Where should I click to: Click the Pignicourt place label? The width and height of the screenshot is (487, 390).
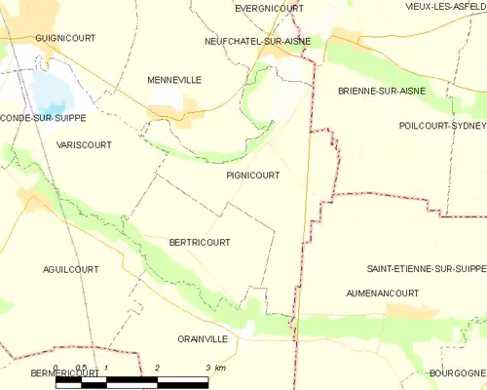[252, 176]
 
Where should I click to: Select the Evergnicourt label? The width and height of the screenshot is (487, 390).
[269, 7]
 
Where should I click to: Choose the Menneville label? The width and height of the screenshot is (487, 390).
[174, 80]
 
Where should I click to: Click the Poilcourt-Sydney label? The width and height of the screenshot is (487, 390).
[442, 126]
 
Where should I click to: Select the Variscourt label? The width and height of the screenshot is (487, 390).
[84, 144]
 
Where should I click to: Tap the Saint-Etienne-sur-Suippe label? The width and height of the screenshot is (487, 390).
[426, 267]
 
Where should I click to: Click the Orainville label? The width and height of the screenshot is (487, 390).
[203, 338]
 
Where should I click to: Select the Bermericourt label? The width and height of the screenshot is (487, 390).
[51, 372]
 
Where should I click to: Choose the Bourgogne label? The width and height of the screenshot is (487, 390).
[456, 372]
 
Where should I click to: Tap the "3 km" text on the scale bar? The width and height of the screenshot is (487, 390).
[215, 368]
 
